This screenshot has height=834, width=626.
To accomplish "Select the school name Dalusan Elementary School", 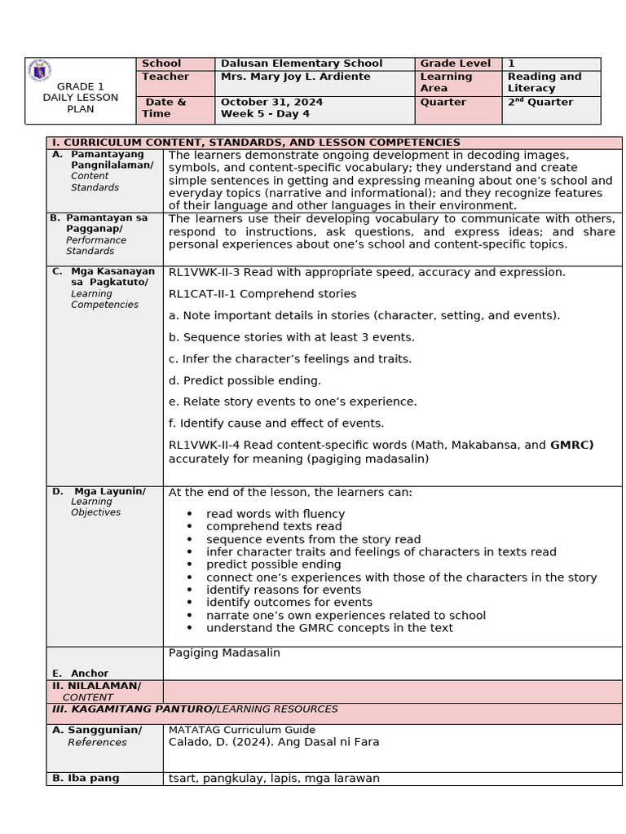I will point(302,64).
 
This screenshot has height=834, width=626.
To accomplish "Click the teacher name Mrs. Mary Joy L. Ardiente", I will point(295,77).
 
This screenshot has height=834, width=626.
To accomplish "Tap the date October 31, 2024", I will point(271,102).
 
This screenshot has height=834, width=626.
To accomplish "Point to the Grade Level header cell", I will point(455,64).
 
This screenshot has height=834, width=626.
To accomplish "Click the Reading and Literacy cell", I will point(544,82).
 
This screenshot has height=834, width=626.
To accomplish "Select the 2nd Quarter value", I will point(540,102).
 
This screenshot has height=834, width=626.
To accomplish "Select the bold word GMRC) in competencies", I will point(571,445).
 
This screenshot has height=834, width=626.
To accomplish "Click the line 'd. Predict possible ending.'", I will point(245,380).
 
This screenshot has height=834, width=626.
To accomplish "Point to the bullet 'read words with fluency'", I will point(276,514).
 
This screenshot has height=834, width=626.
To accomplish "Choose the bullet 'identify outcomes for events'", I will point(289,603).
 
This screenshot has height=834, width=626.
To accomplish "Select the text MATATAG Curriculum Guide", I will point(241,730).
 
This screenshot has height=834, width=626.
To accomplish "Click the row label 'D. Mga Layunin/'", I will point(109,491).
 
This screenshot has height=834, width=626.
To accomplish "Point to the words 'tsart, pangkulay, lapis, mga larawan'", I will point(274,779).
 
